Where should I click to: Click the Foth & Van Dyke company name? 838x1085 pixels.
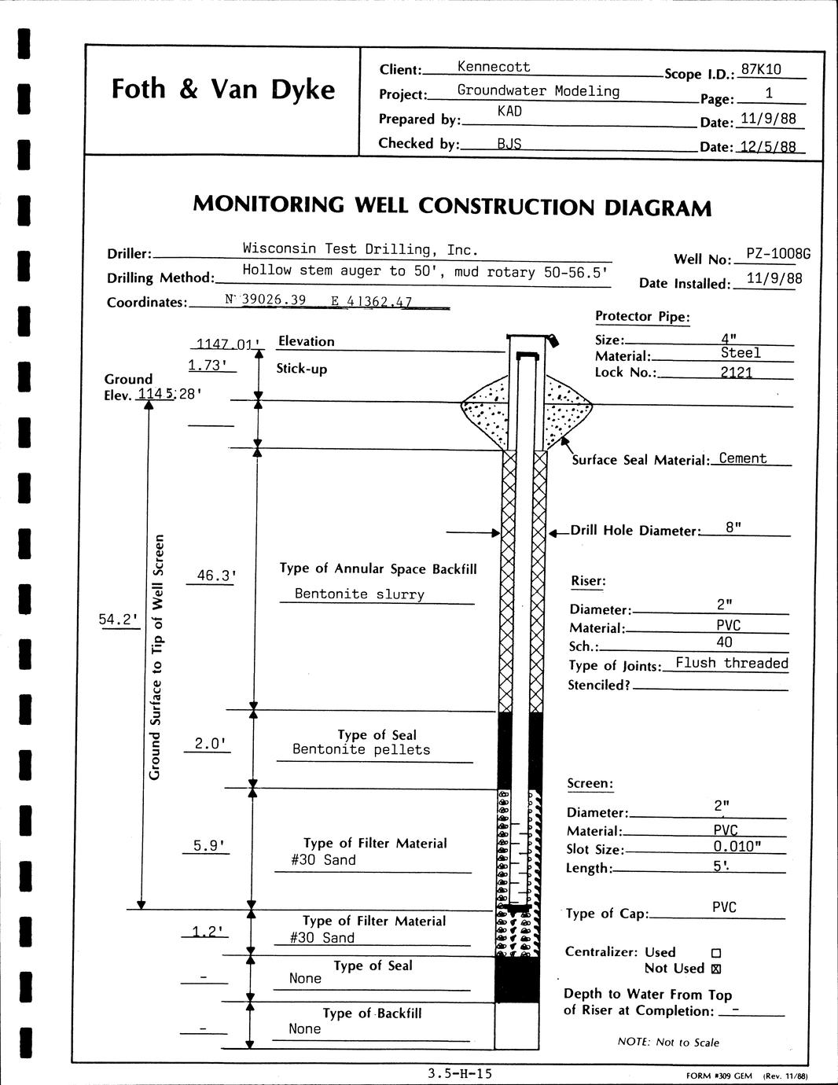222,89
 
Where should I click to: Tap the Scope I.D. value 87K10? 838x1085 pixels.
761,69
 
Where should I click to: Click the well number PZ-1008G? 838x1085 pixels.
777,254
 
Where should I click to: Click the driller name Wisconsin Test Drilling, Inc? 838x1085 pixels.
360,249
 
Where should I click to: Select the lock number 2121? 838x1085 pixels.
737,372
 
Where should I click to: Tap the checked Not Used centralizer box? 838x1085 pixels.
716,969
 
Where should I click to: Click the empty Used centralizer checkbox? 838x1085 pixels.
716,953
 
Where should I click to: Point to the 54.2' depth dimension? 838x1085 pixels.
118,620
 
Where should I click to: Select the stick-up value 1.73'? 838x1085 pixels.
208,365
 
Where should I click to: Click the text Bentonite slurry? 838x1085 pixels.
359,594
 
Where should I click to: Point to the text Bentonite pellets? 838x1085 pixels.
361,749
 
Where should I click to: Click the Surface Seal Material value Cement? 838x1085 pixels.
742,458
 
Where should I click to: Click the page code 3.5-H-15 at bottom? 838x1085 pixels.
461,1072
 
